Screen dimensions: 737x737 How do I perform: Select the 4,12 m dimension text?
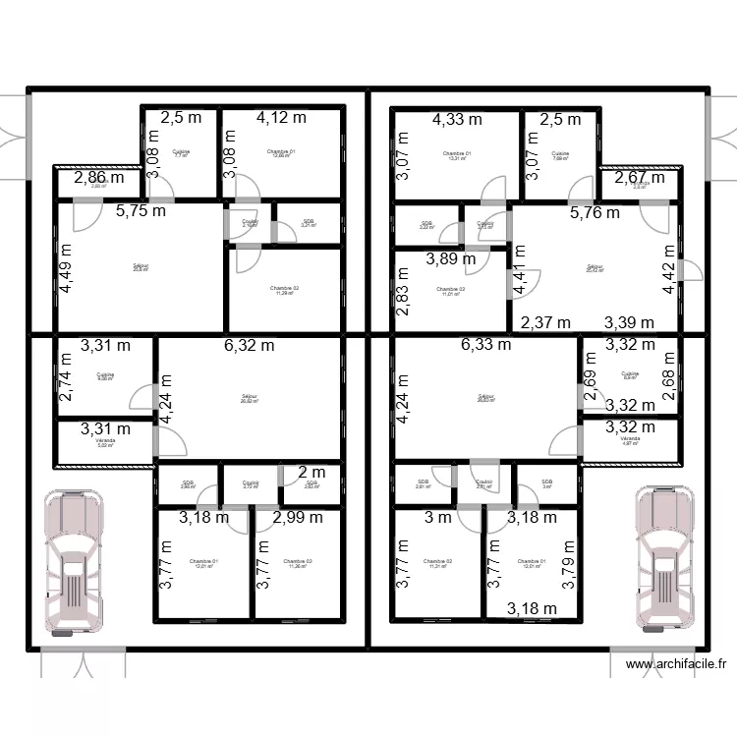point(281,118)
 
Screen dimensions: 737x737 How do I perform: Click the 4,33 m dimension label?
point(457,119)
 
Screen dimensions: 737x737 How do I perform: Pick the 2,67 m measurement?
point(640,179)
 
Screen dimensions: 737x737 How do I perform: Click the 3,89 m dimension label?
point(450,259)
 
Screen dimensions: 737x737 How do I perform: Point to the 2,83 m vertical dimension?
point(402,294)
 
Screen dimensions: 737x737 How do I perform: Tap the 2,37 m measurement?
point(545,322)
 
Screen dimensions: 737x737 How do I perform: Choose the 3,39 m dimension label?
point(629,322)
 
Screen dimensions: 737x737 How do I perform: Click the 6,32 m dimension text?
point(249,345)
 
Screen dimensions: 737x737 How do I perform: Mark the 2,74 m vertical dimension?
point(66,378)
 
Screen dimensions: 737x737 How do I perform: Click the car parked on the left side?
point(73,563)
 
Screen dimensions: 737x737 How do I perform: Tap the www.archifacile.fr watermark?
point(677,664)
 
